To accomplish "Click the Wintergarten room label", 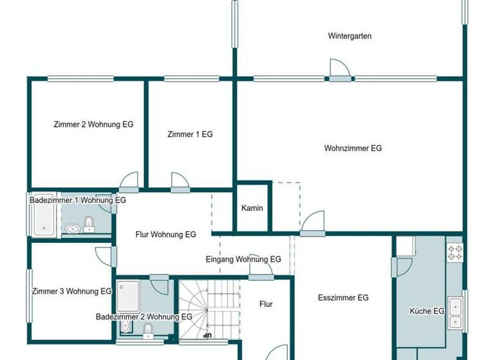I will point(349,36).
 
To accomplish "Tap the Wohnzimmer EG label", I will point(352,148).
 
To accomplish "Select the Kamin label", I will point(252,208).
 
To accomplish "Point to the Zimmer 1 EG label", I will point(190,134).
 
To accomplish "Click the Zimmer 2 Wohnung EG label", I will point(93,124).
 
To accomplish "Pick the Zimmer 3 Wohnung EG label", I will point(71,291).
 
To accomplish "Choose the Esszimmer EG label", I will point(343,298).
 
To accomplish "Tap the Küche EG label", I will point(427,311).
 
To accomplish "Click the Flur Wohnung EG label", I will point(165,235).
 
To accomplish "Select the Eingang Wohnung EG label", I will point(243,259).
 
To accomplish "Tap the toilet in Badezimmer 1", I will point(89,223).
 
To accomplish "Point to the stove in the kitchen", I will point(455,252).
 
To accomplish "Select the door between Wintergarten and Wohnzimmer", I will point(340,71).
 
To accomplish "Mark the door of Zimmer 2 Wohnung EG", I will point(129,183).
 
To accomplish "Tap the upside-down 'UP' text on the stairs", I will point(207,335).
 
